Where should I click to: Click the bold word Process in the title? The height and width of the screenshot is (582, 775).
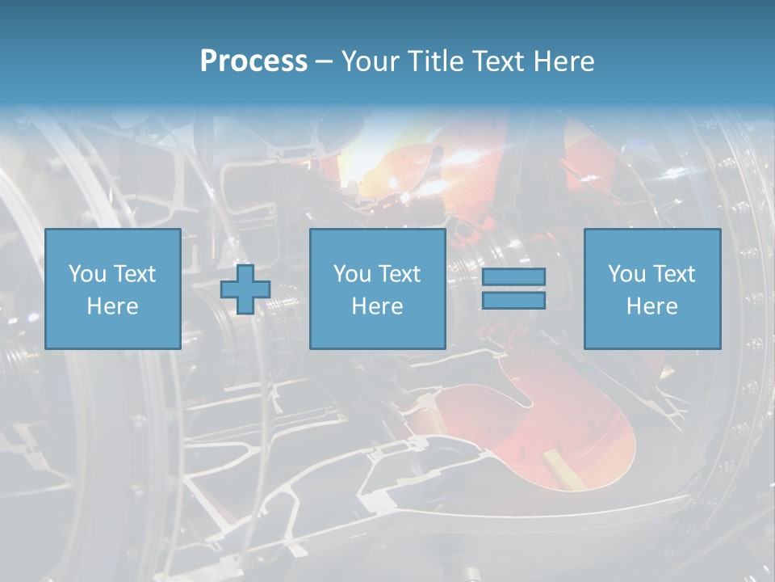[x=253, y=61]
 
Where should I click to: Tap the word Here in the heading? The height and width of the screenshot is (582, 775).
[x=563, y=61]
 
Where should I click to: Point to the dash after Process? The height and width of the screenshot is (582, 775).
[x=324, y=62]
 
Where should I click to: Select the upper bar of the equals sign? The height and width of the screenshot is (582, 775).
[x=513, y=276]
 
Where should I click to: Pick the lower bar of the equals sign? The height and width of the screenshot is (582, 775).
[x=513, y=300]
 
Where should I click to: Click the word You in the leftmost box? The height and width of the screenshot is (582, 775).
[x=87, y=274]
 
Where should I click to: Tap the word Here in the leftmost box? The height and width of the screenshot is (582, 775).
[x=112, y=306]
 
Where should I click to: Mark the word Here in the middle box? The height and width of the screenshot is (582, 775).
[x=377, y=306]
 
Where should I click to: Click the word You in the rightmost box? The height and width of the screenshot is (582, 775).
[x=626, y=274]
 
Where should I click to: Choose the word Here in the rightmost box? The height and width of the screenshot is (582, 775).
[x=651, y=306]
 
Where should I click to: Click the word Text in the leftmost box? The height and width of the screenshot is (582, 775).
[x=135, y=274]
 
